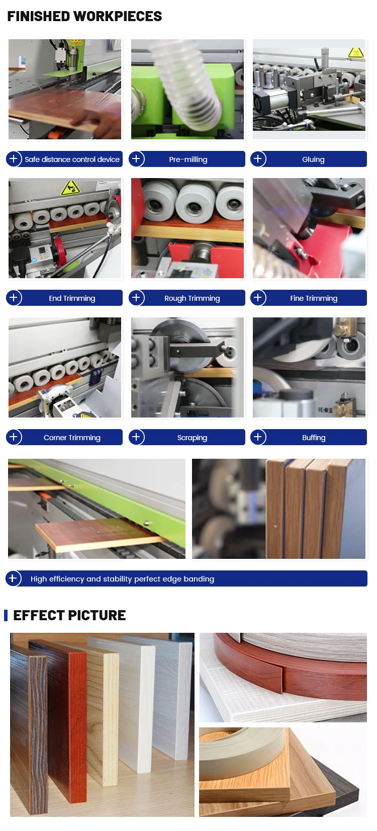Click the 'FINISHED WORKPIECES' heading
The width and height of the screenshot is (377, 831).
84,16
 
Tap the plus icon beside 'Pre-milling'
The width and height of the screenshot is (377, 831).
136,159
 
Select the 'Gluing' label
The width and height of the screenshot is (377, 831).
313,159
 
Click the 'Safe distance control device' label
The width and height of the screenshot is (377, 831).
72,159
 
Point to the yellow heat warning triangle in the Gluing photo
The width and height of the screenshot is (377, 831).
356,52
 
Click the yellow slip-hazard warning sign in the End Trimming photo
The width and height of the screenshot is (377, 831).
70,189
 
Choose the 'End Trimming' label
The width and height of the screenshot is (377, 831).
72,298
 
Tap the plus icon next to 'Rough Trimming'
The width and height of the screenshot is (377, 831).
136,297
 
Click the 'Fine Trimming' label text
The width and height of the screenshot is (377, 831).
314,298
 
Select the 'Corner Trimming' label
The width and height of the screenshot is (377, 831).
72,438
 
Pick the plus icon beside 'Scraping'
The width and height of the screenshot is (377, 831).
136,437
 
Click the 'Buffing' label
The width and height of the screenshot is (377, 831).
314,438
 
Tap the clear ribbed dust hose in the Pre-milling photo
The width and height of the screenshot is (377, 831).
185,86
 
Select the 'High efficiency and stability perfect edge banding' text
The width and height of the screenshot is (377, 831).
122,578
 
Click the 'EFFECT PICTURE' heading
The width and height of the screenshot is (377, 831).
69,615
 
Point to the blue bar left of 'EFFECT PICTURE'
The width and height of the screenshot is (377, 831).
6,615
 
